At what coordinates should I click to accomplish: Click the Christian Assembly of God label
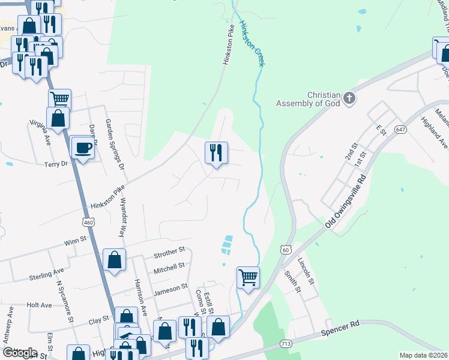coord(308,100)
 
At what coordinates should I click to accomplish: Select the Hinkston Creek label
coord(252,44)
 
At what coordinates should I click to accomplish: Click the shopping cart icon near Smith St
coord(248,277)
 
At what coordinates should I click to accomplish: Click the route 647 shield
coord(401,130)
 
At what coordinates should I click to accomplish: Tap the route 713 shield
coord(286,344)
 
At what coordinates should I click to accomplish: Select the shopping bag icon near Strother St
coord(114,260)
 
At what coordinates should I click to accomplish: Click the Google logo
coord(20,353)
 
